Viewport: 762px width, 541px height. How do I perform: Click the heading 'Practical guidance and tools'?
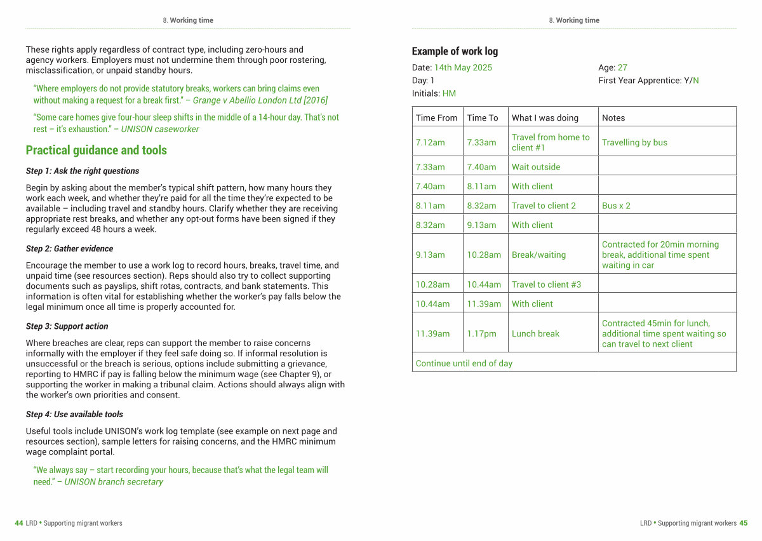click(96, 150)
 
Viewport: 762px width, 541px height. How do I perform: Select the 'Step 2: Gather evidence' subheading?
click(69, 249)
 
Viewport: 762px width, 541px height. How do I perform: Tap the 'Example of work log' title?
click(455, 51)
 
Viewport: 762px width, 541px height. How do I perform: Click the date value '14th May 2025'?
click(463, 68)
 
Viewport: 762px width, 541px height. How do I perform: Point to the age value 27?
click(622, 68)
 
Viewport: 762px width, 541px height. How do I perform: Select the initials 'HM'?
click(449, 93)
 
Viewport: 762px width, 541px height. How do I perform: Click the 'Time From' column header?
click(436, 118)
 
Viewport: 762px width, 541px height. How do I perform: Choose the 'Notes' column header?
click(613, 118)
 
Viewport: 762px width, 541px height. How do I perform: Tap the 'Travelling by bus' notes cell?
click(634, 142)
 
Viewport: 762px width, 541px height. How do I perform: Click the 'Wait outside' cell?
click(536, 167)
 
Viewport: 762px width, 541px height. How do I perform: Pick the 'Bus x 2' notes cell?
click(616, 206)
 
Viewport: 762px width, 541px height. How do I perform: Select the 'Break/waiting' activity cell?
click(538, 255)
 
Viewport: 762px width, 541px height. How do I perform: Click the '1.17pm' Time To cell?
click(481, 333)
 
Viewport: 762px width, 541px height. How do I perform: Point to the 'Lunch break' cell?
click(535, 333)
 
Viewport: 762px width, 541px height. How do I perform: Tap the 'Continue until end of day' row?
click(464, 363)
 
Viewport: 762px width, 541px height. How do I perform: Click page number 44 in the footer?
click(19, 523)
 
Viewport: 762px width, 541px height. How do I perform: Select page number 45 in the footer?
click(743, 523)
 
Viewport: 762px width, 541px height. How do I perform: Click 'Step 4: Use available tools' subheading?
click(74, 415)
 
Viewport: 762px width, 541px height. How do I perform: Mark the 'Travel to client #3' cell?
click(546, 284)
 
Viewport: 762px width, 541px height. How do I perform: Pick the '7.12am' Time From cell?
click(430, 142)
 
